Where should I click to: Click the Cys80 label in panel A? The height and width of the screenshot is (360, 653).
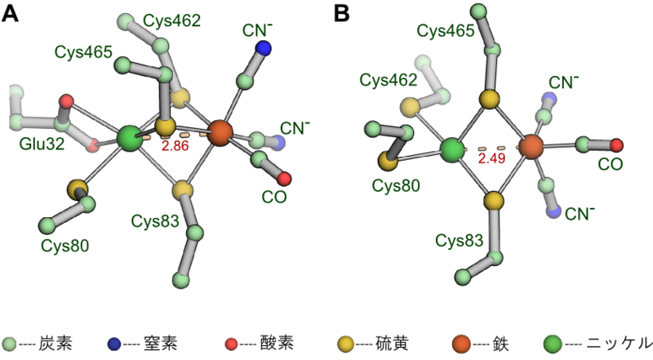65,244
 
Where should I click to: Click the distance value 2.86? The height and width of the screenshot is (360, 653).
176,146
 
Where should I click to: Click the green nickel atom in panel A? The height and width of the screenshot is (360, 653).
130,138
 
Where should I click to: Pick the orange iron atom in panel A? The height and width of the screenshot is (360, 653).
220,131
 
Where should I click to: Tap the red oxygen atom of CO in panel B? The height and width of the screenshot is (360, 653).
616,145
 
